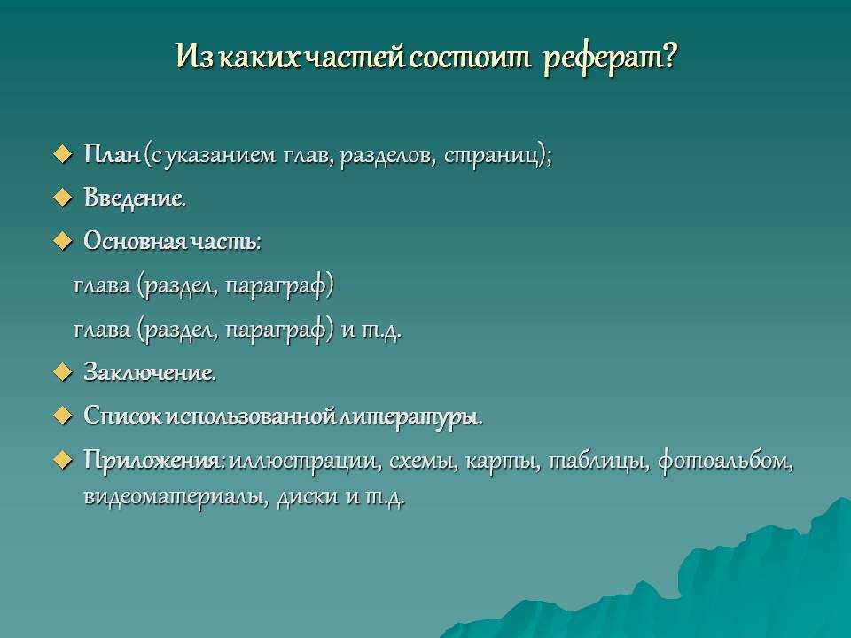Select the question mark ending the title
pos(668,55)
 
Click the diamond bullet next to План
pos(63,155)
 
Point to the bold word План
pos(113,154)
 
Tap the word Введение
pos(135,198)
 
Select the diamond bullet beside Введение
pos(63,198)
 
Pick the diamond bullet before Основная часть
pos(63,242)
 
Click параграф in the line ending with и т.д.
pos(277,331)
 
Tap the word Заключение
pos(149,373)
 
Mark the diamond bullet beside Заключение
pos(63,373)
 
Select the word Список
pos(122,416)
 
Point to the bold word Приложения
pos(152,461)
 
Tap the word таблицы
pos(598,463)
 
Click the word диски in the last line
pos(308,497)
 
